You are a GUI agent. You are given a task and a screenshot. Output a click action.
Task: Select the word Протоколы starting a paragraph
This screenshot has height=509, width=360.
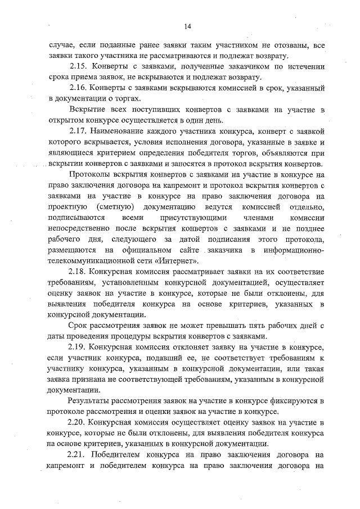coord(91,174)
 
